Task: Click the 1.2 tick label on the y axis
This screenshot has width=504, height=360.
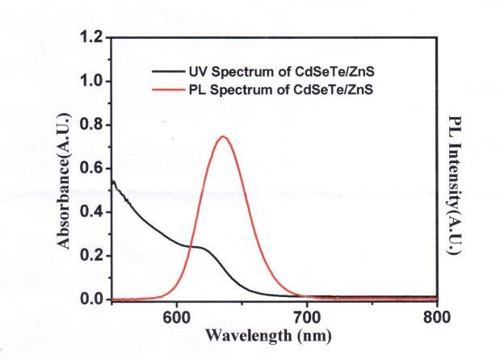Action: point(93,38)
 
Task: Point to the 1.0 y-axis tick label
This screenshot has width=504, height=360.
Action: point(93,82)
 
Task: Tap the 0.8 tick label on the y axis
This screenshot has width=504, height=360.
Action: point(93,125)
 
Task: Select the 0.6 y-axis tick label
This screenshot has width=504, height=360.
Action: point(93,169)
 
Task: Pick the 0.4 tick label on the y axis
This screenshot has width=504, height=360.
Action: point(93,212)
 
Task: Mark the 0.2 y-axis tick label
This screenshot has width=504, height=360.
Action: point(93,256)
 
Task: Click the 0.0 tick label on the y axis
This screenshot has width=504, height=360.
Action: point(93,299)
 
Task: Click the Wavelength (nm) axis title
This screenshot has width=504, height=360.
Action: point(267,334)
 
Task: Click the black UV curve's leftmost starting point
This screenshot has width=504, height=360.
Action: point(111,182)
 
